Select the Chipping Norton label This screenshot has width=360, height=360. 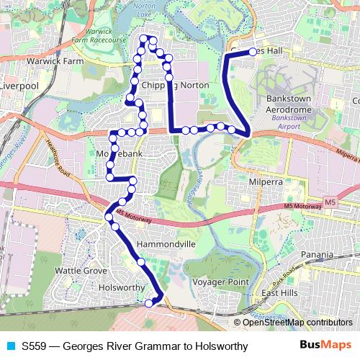176,85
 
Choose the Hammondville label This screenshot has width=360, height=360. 166,245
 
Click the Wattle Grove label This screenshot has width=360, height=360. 81,271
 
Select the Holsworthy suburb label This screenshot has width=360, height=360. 120,287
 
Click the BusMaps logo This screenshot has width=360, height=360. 326,346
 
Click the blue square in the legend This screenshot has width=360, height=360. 9,346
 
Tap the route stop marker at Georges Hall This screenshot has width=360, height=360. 253,51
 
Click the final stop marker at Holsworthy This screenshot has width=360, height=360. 149,303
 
